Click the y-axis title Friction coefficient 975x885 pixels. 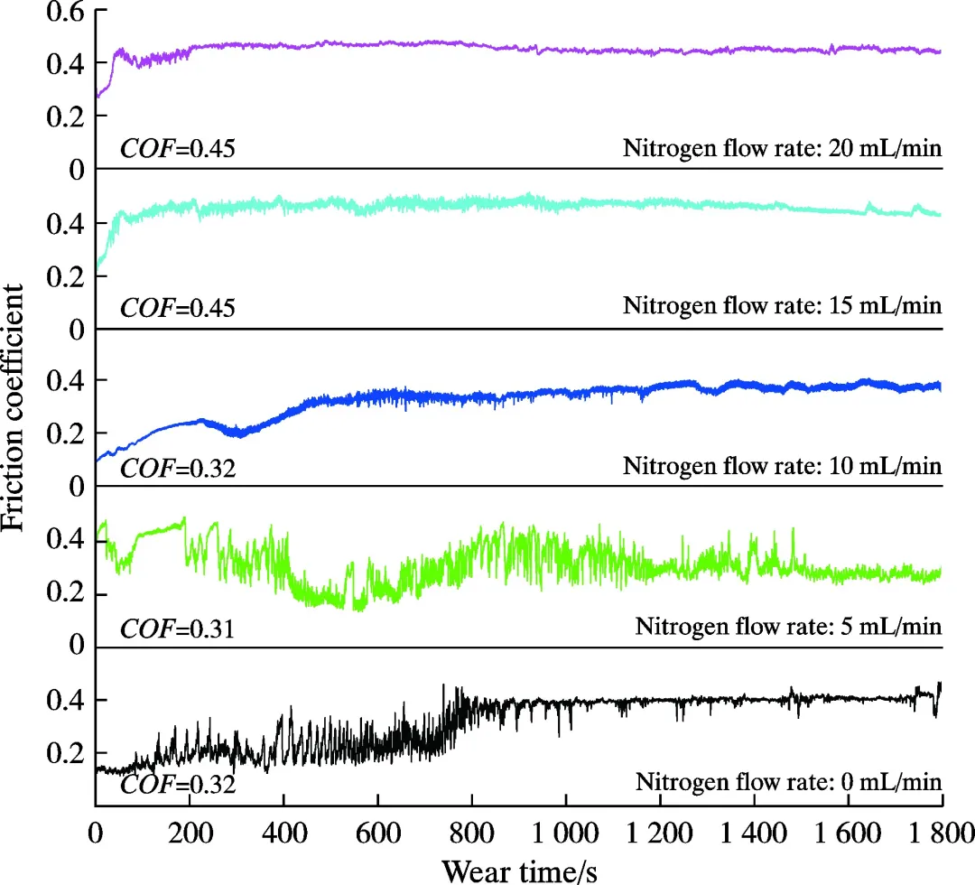pos(16,405)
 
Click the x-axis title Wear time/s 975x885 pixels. pos(518,870)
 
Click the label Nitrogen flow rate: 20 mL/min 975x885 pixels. pos(782,147)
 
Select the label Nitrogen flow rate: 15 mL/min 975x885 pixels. pos(782,306)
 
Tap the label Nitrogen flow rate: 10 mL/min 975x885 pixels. pos(782,466)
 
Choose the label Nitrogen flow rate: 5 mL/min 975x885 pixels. pos(788,625)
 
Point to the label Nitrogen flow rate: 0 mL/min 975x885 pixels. pos(788,782)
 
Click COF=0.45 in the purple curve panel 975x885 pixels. pos(178,147)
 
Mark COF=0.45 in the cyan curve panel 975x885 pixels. pos(178,308)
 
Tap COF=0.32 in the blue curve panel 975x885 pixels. pos(178,468)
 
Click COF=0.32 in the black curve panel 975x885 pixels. pos(178,783)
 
